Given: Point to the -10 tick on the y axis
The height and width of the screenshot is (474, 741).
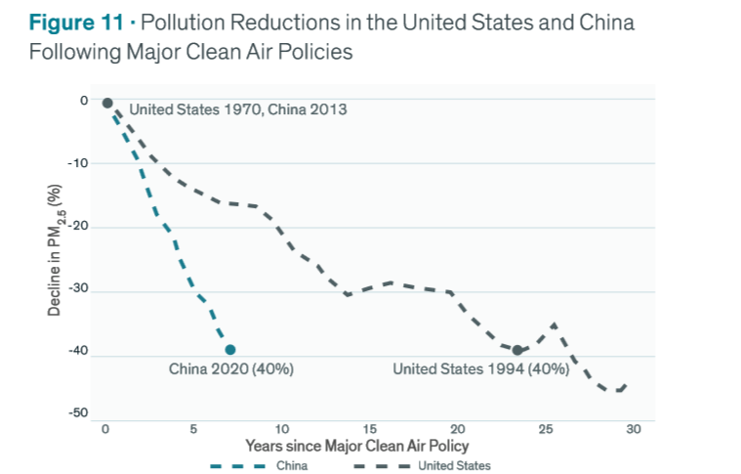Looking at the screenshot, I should pyautogui.click(x=78, y=163).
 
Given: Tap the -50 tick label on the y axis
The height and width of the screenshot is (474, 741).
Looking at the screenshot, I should pyautogui.click(x=78, y=414).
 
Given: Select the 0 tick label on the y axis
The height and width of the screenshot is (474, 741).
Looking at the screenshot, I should pyautogui.click(x=84, y=101).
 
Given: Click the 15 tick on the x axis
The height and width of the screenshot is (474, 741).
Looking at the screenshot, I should pyautogui.click(x=370, y=430).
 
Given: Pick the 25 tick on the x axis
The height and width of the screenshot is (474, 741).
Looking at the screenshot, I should pyautogui.click(x=546, y=430).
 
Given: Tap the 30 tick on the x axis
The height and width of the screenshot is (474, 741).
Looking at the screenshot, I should pyautogui.click(x=634, y=430).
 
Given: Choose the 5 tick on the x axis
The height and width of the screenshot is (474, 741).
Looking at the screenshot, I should pyautogui.click(x=194, y=430).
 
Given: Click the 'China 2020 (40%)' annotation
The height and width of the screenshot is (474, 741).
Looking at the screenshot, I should pyautogui.click(x=231, y=369).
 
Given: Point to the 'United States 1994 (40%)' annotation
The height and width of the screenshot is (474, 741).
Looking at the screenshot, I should pyautogui.click(x=480, y=369).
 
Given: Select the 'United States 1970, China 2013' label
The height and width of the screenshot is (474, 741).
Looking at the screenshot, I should pyautogui.click(x=237, y=109).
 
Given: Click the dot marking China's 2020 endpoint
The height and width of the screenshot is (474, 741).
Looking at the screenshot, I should pyautogui.click(x=230, y=349).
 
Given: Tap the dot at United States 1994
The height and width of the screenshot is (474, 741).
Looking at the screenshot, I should pyautogui.click(x=517, y=350).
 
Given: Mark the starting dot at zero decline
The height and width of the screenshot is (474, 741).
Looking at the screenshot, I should pyautogui.click(x=107, y=103).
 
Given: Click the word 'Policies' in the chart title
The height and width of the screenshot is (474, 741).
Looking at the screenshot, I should pyautogui.click(x=314, y=51).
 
